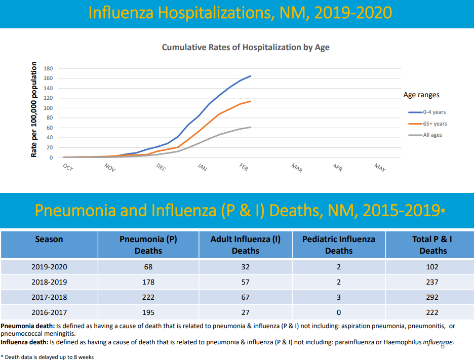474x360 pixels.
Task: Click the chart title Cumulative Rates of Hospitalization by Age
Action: click(246, 47)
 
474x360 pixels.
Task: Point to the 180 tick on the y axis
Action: click(49, 68)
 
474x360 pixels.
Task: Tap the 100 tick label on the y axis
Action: click(49, 108)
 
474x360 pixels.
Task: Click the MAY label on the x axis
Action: click(380, 167)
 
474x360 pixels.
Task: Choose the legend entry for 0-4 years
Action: click(434, 112)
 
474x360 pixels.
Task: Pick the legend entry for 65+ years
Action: click(434, 124)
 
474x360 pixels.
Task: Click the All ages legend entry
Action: click(432, 135)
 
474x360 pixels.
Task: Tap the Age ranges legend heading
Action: click(421, 95)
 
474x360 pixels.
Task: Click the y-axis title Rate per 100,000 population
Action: click(34, 109)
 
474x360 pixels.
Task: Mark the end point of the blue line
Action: click(251, 76)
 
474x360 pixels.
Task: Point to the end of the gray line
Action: click(251, 127)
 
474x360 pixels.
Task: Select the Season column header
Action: click(49, 239)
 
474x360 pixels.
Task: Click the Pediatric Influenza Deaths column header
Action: click(339, 245)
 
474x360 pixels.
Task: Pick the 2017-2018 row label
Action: click(49, 298)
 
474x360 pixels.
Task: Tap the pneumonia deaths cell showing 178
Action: click(148, 282)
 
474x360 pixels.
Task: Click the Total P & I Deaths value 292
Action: click(432, 298)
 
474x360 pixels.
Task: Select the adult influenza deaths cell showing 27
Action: click(245, 313)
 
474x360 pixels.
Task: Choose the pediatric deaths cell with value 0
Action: click(338, 313)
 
